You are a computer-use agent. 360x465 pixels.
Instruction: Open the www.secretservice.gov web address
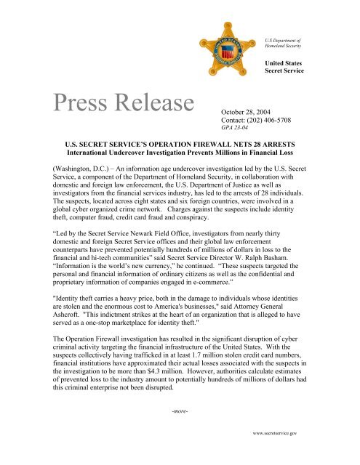pos(316,453)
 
